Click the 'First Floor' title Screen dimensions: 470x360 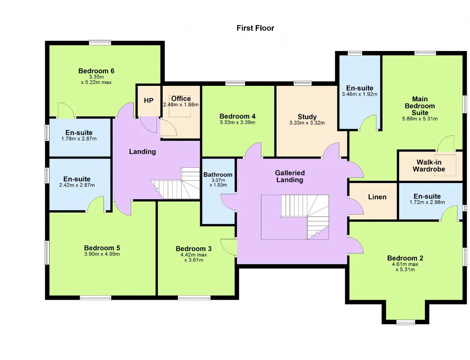coord(255,28)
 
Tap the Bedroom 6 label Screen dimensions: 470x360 coord(96,71)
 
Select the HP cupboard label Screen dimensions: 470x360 coord(149,101)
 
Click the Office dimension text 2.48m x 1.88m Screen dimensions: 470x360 coord(181,105)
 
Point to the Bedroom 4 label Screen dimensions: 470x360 coord(238,116)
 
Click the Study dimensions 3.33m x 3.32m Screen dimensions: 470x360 coord(307,123)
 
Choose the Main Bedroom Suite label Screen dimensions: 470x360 coord(420,106)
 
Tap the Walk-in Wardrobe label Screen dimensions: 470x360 coord(429,166)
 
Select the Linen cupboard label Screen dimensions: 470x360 coord(377,197)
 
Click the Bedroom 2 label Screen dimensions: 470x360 coord(405,258)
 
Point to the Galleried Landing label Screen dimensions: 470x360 coord(290,176)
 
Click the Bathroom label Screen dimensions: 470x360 coord(218,175)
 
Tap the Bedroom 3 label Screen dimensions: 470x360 coord(194,249)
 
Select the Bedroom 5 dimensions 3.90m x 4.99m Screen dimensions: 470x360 coord(102,254)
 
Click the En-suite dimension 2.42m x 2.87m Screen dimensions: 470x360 coord(77,185)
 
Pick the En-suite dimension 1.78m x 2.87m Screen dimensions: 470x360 coord(79,139)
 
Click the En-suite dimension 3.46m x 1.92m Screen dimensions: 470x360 coord(360,94)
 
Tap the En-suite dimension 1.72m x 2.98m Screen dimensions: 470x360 coord(427,202)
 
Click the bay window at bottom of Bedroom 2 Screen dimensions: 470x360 coord(405,323)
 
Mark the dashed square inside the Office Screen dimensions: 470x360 coord(180,106)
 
